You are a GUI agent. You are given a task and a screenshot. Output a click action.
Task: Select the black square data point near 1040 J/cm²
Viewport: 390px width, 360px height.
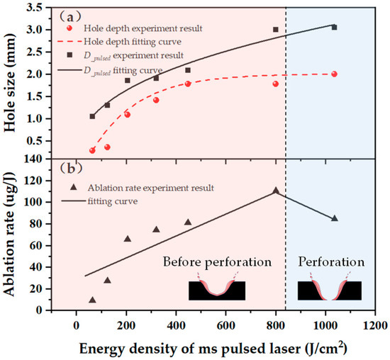[334, 27]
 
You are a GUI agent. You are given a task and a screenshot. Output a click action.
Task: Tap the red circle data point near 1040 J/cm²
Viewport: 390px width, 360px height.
[334, 74]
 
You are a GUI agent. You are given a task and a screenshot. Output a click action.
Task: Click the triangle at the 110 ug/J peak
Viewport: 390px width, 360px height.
[276, 191]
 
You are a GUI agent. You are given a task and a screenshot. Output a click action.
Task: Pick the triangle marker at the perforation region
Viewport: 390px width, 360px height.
[334, 218]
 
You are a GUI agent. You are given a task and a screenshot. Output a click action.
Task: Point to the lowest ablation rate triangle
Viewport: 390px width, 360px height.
[92, 300]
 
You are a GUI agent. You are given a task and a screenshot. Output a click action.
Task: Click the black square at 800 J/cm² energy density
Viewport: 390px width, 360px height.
[276, 30]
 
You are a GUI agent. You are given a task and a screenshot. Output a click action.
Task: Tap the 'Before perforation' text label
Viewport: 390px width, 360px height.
[217, 261]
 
